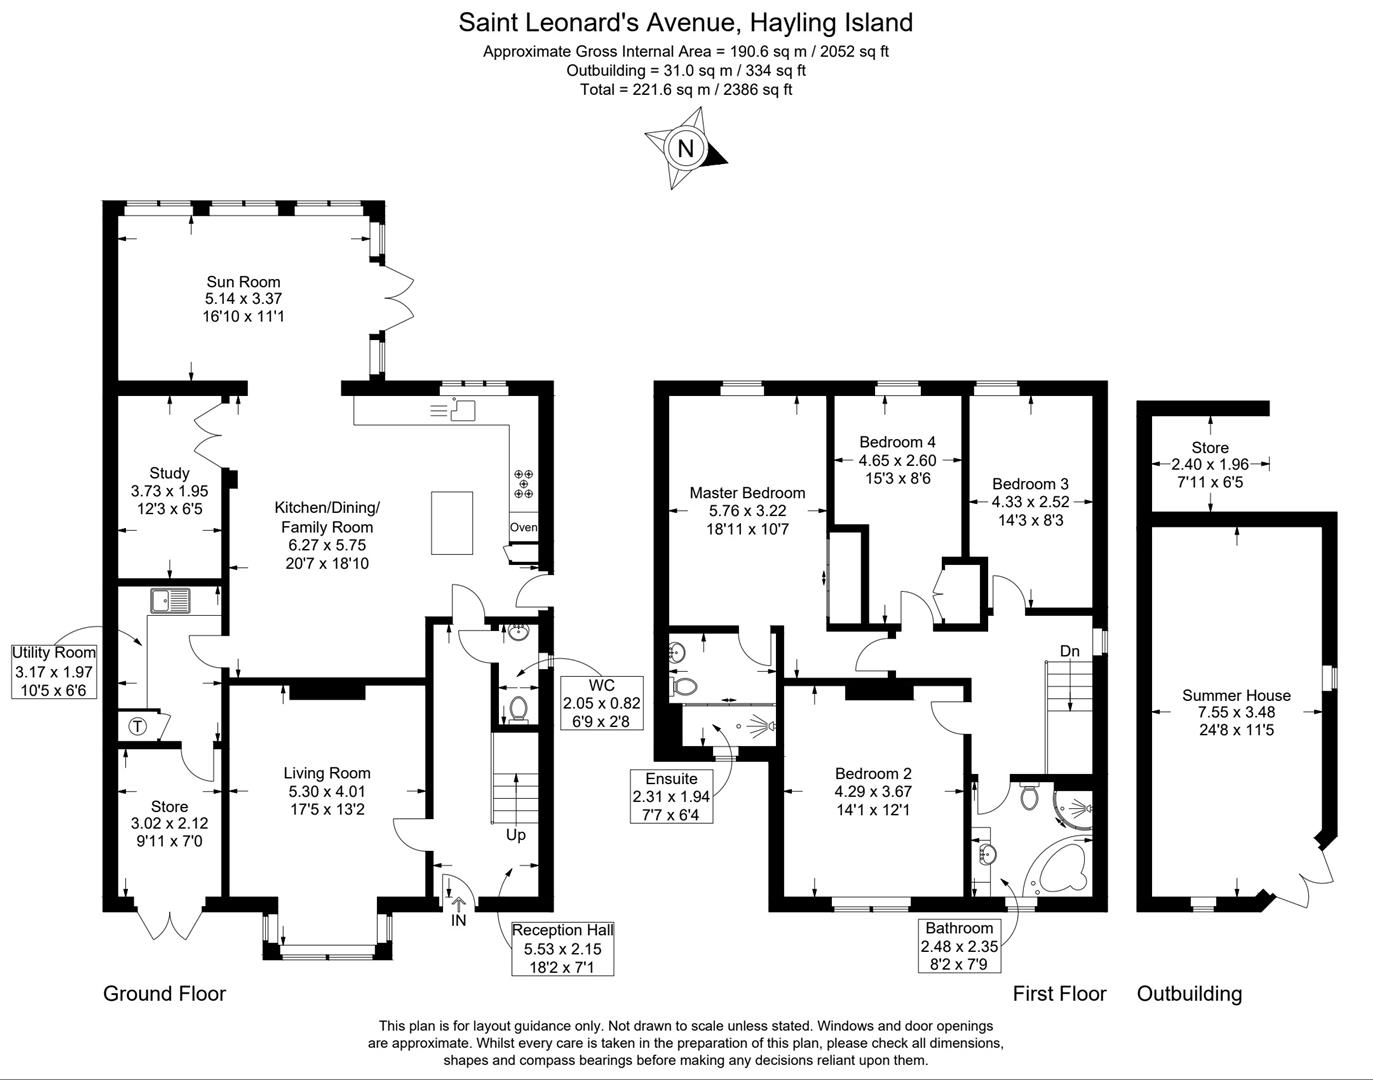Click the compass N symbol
tap(686, 149)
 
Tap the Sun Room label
tap(243, 282)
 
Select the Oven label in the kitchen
tap(524, 528)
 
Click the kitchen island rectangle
tap(452, 522)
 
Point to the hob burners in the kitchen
tap(524, 484)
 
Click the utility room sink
tap(171, 601)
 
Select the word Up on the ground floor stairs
tap(515, 835)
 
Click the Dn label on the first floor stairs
tap(1070, 652)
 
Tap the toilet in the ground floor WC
tap(518, 709)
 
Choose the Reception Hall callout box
tap(562, 948)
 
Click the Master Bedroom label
tap(747, 493)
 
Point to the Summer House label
tap(1236, 696)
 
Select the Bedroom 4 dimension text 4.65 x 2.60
tap(897, 461)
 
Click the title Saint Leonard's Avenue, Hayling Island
tap(686, 22)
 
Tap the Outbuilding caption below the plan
tap(1189, 994)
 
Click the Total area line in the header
tap(686, 89)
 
